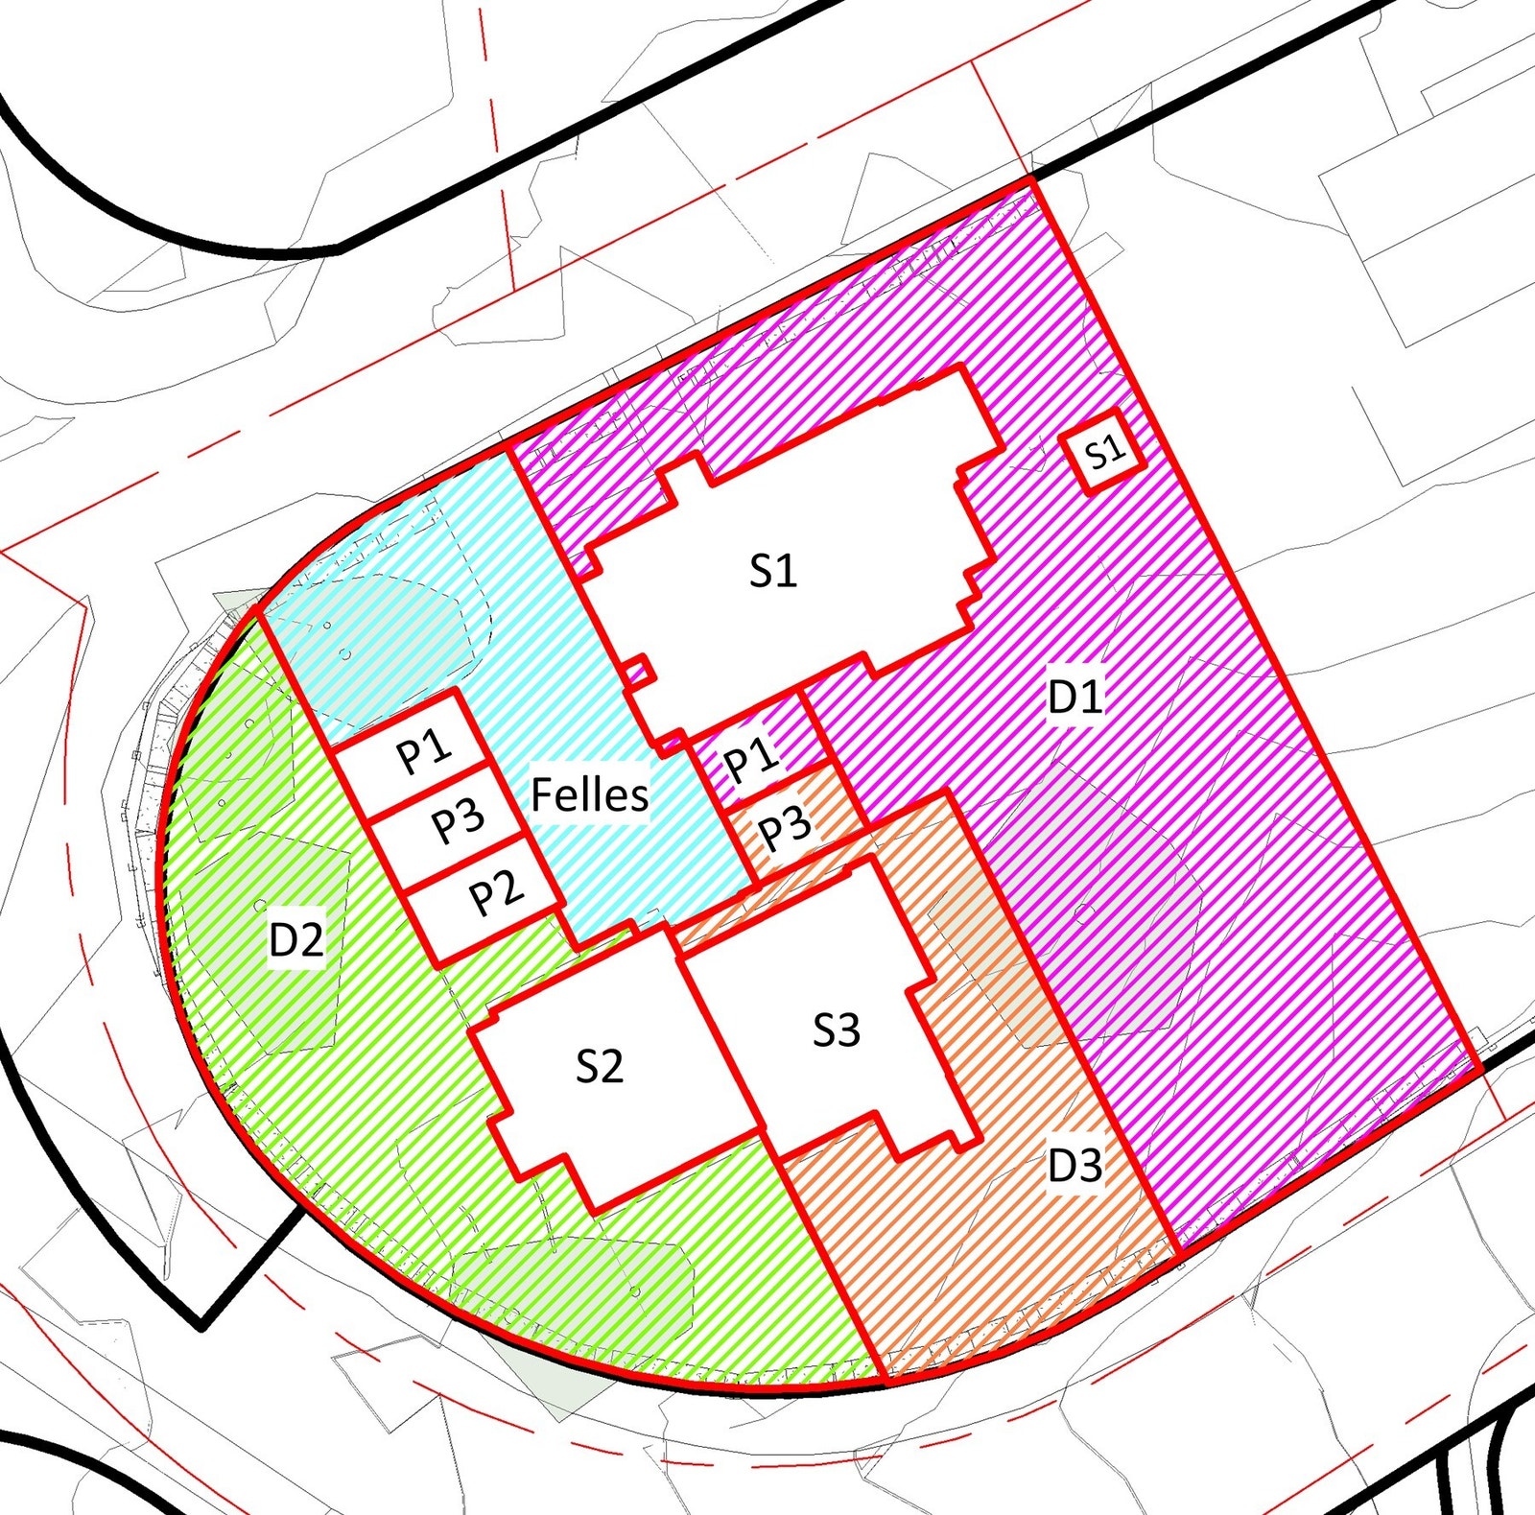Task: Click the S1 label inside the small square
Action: [1104, 451]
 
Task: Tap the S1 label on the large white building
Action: [773, 571]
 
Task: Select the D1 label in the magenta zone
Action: [1075, 697]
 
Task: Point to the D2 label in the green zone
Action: [296, 939]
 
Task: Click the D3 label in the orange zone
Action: [1074, 1166]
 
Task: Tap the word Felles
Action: [590, 794]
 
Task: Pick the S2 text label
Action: [600, 1065]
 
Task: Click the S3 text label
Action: [837, 1030]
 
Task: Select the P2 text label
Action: [496, 893]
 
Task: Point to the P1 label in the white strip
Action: [424, 749]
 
